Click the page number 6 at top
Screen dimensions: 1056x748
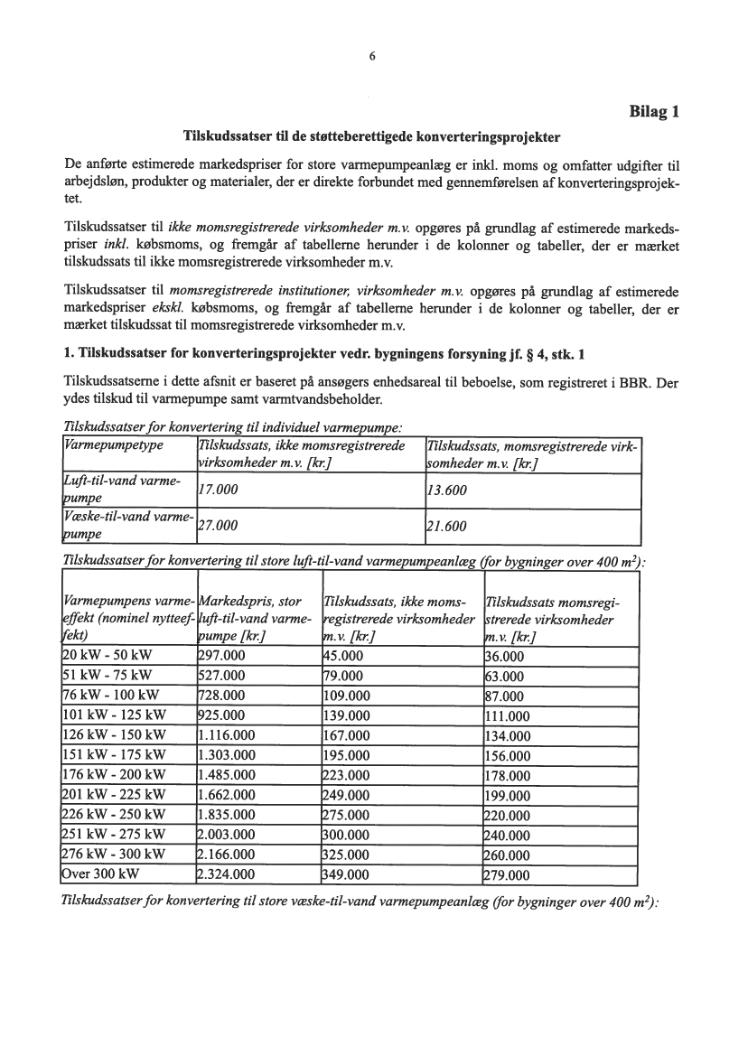372,56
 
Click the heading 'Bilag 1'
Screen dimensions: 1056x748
653,113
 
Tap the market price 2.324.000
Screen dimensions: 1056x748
227,874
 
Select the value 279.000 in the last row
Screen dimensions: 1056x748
509,874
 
